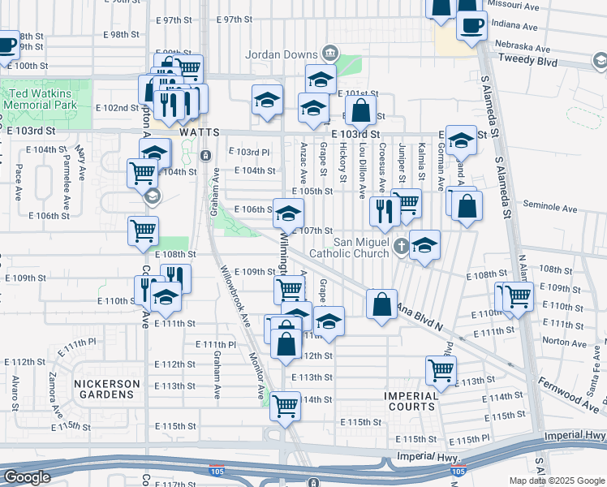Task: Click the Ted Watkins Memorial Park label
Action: [x=41, y=99]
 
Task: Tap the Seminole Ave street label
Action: [x=549, y=209]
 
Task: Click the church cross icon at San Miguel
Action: [x=399, y=245]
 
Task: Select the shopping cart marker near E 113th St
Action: [x=441, y=369]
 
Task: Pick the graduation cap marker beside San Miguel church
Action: [x=424, y=245]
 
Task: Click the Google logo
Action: [x=27, y=477]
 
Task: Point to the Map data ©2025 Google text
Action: [x=556, y=481]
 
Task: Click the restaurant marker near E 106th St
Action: [x=384, y=210]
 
